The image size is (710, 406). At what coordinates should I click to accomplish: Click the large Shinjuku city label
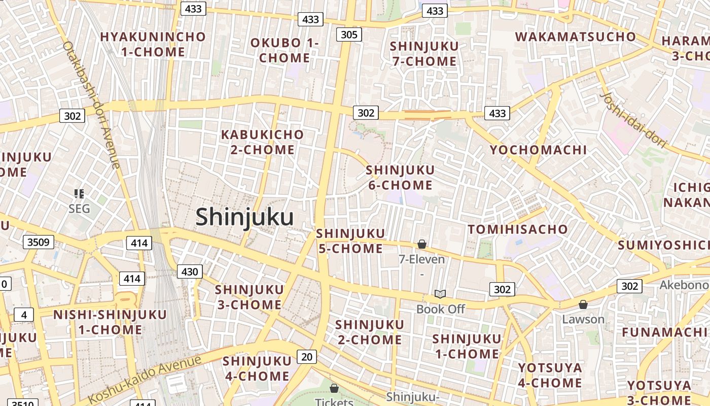click(x=244, y=217)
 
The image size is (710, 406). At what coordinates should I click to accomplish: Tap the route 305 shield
click(x=349, y=35)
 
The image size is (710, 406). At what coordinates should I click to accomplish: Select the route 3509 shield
click(x=39, y=242)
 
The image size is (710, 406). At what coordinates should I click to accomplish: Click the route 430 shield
click(x=190, y=272)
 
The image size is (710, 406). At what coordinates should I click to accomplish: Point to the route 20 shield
click(x=307, y=357)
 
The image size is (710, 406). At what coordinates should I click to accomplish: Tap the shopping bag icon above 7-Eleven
click(x=421, y=245)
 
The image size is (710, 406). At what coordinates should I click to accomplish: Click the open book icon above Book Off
click(x=440, y=294)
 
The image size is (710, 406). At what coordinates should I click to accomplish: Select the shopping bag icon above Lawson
click(x=583, y=304)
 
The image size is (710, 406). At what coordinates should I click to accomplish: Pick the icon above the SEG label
click(x=79, y=193)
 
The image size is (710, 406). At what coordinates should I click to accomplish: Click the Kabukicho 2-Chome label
click(x=262, y=142)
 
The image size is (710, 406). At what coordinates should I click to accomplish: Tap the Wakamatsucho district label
click(x=575, y=37)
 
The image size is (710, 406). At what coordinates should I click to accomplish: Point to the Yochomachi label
click(x=538, y=150)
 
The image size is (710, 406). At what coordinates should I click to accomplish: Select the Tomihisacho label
click(x=517, y=229)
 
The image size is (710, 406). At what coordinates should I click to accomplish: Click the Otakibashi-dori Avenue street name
click(x=91, y=104)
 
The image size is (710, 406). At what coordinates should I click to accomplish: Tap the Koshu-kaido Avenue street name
click(x=145, y=378)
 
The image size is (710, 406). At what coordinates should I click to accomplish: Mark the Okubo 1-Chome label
click(x=285, y=50)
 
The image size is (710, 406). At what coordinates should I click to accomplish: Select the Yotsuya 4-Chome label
click(x=550, y=375)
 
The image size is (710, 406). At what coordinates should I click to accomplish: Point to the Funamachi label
click(x=664, y=332)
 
